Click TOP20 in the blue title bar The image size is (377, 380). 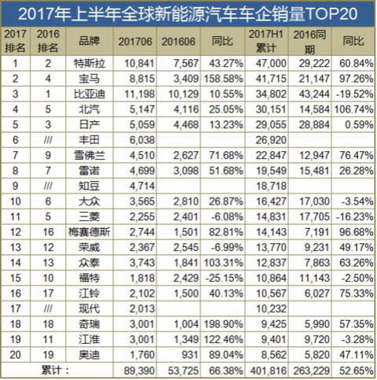click(x=331, y=13)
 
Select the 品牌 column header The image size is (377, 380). click(x=90, y=41)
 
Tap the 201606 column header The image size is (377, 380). click(x=178, y=42)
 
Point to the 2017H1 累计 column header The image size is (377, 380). click(x=265, y=41)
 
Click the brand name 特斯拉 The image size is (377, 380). click(x=90, y=64)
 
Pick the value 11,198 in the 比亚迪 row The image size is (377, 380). click(x=139, y=94)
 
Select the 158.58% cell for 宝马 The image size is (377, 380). click(x=223, y=79)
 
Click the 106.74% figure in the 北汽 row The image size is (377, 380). click(x=353, y=109)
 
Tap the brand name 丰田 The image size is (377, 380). click(x=90, y=140)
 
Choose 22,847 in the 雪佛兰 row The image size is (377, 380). click(x=271, y=155)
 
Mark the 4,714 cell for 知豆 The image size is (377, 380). click(x=142, y=186)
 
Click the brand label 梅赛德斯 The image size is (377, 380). click(x=90, y=232)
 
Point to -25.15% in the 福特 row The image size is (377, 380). click(x=225, y=278)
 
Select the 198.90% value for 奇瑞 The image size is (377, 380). click(x=223, y=324)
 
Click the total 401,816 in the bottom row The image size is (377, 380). click(x=269, y=371)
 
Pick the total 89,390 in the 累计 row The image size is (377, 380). click(x=139, y=371)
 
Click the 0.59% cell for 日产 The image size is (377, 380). click(x=359, y=124)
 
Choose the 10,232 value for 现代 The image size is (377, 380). click(x=271, y=308)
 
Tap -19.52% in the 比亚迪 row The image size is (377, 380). click(x=355, y=94)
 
